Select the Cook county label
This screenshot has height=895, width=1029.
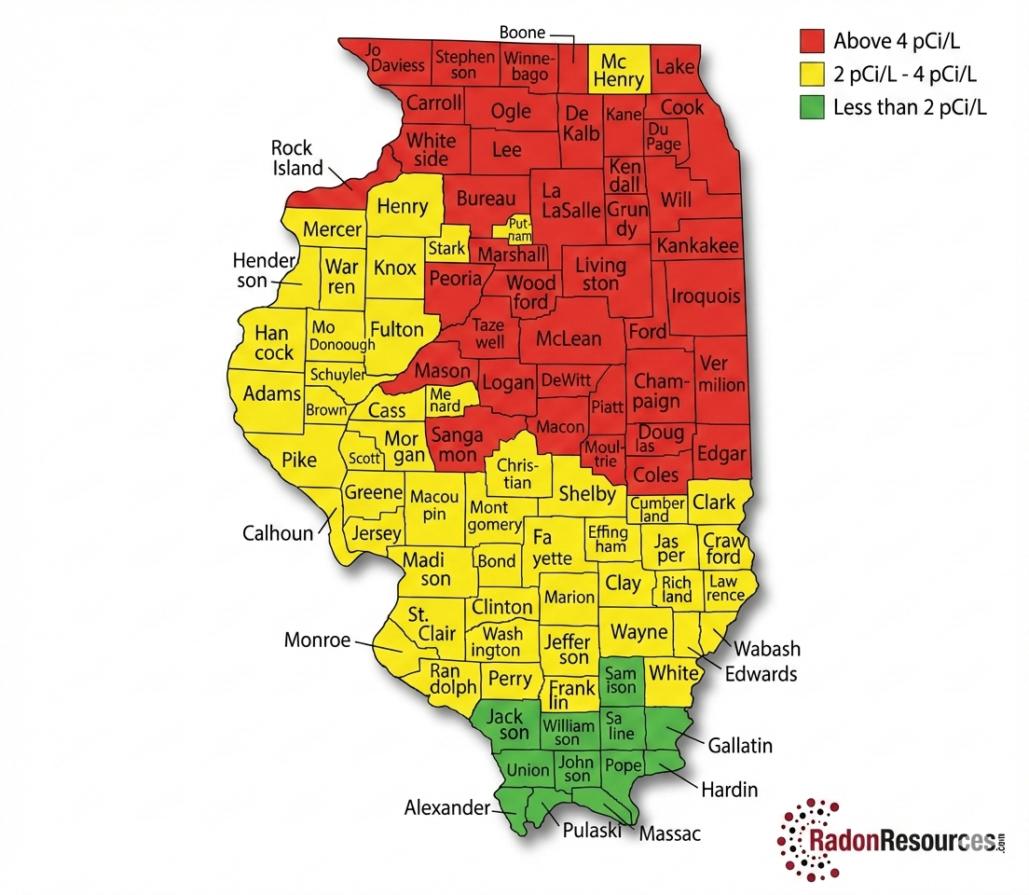pos(682,107)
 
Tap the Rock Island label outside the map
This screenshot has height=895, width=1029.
pos(296,158)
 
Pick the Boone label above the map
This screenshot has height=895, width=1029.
pos(522,33)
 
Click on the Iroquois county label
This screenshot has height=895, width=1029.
pos(706,296)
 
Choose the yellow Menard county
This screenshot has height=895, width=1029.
pos(444,400)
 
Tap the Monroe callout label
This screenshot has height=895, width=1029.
pos(317,640)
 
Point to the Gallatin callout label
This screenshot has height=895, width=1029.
pos(740,746)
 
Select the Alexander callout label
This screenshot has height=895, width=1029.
pos(446,808)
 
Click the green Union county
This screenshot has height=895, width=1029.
pos(528,771)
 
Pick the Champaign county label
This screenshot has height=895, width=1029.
pos(658,392)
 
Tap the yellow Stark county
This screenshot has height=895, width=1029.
pos(446,249)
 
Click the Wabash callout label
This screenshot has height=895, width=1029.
pos(767,649)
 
